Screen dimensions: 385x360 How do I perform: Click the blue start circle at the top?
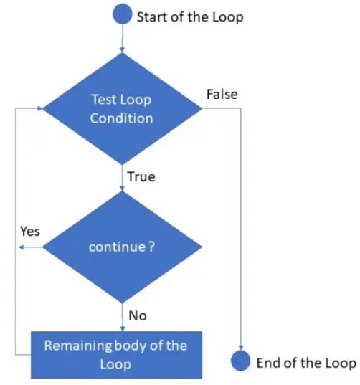pos(123,15)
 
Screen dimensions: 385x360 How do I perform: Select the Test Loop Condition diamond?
pos(123,109)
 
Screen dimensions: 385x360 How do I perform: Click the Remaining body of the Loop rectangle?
pos(116,354)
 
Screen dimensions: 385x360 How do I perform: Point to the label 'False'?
pos(222,94)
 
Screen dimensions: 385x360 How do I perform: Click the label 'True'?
pos(141,176)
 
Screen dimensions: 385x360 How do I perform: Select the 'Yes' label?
pos(29,232)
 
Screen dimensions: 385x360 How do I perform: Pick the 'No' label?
pos(137,315)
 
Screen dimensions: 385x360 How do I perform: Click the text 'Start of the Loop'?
pos(190,16)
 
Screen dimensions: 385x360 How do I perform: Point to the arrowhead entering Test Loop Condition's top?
pos(123,49)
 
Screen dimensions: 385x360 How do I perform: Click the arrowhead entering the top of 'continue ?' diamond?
pos(123,189)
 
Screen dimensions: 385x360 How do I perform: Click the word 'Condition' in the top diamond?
pos(122,118)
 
